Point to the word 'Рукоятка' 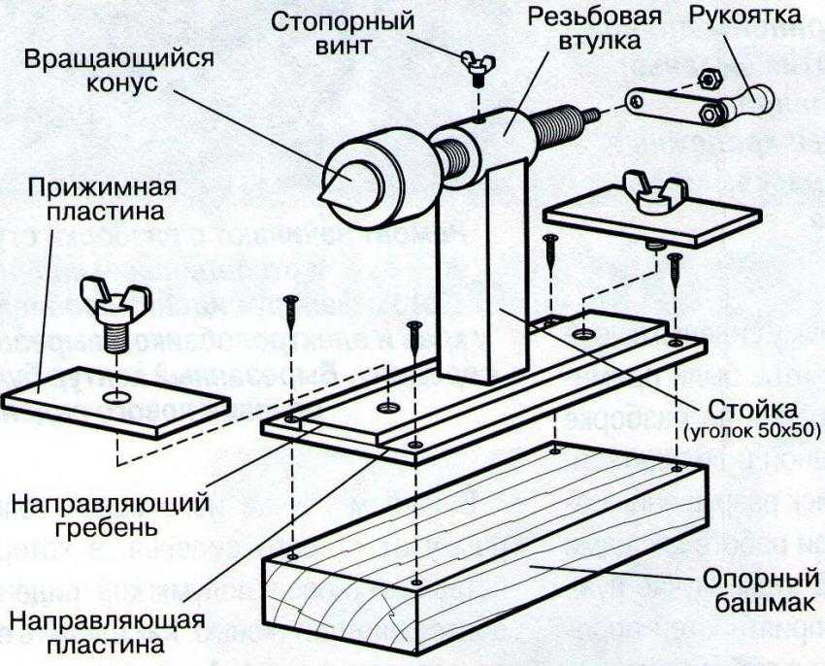[742, 17]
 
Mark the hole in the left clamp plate [116, 398]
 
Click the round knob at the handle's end [761, 95]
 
